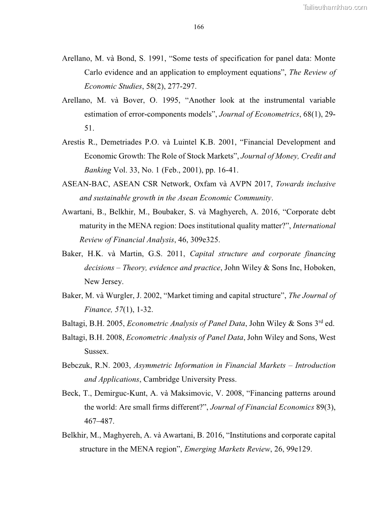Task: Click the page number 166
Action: point(199,27)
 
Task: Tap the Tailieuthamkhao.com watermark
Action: point(335,7)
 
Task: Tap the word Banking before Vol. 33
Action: point(98,170)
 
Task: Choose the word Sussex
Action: point(96,351)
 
